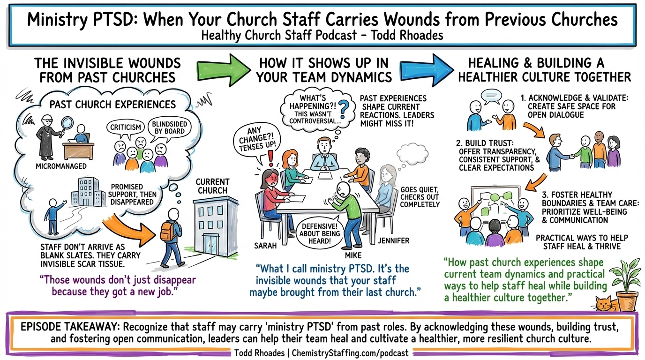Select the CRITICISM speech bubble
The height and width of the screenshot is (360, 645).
pyautogui.click(x=126, y=127)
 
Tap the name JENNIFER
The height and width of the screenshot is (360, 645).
pyautogui.click(x=394, y=241)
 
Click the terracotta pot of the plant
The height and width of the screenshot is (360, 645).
pyautogui.click(x=627, y=300)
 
